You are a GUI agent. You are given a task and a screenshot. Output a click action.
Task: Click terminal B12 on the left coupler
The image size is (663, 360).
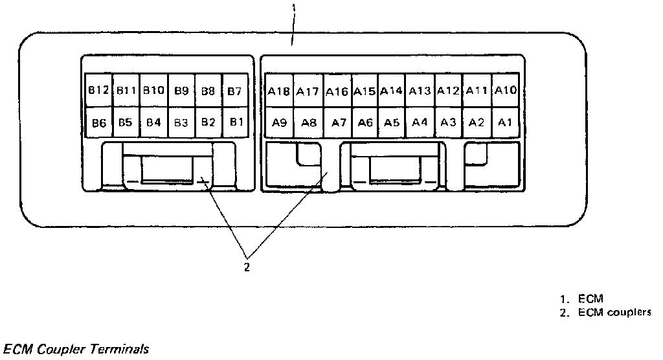98,91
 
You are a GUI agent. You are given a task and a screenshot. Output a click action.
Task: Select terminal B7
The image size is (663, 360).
234,91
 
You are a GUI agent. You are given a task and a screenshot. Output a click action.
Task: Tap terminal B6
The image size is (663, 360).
98,122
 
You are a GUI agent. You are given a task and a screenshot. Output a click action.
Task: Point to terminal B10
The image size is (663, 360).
154,91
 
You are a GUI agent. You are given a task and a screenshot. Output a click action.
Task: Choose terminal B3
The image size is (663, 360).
181,122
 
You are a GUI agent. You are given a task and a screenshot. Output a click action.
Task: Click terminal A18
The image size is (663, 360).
279,91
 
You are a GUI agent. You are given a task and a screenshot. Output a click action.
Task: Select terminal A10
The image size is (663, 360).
505,91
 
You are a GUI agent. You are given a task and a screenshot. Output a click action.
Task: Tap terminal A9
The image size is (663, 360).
279,122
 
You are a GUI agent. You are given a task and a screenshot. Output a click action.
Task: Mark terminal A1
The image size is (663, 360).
505,122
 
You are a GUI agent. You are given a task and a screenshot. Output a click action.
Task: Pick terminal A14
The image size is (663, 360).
391,91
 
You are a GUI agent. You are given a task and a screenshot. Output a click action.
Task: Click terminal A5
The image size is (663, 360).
391,122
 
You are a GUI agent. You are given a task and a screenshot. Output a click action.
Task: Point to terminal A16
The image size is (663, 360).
337,91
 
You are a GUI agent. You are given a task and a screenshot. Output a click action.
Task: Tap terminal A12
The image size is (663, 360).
448,91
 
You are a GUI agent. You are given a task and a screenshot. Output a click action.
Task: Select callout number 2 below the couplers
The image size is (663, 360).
247,266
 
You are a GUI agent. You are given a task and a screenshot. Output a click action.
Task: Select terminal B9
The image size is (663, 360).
181,91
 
